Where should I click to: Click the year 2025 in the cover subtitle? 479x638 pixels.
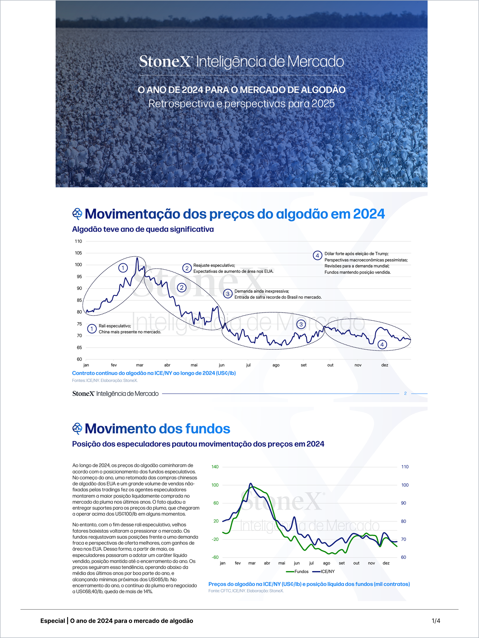coord(323,104)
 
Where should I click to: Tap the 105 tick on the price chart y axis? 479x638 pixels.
coord(78,253)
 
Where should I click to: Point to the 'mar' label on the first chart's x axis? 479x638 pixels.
coord(140,365)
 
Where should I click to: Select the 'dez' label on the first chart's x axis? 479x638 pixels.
coord(384,365)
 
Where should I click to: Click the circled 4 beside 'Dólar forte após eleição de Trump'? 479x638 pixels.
coord(317,256)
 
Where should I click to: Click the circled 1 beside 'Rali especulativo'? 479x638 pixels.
coord(92,328)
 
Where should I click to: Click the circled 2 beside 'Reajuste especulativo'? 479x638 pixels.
coord(187,268)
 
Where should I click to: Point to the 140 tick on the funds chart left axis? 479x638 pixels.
coord(215,467)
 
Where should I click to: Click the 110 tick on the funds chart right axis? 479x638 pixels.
coord(405,467)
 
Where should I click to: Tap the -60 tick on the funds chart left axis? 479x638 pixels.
coord(215,557)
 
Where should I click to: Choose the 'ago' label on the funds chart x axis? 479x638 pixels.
coord(326,563)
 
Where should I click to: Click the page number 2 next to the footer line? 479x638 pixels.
coord(405,393)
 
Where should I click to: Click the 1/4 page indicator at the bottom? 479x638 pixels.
coord(436,621)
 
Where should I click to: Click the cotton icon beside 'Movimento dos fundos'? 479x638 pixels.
coord(77,429)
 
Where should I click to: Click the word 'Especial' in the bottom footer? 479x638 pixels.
coord(53,621)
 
